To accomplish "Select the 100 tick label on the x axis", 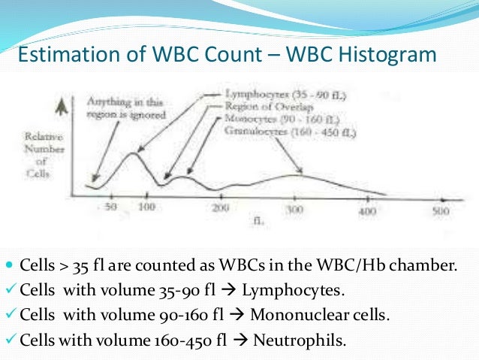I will pyautogui.click(x=146, y=207).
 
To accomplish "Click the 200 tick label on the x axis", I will pyautogui.click(x=219, y=208).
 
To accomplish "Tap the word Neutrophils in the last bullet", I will pyautogui.click(x=300, y=339).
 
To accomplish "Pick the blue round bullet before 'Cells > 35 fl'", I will pyautogui.click(x=8, y=266).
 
